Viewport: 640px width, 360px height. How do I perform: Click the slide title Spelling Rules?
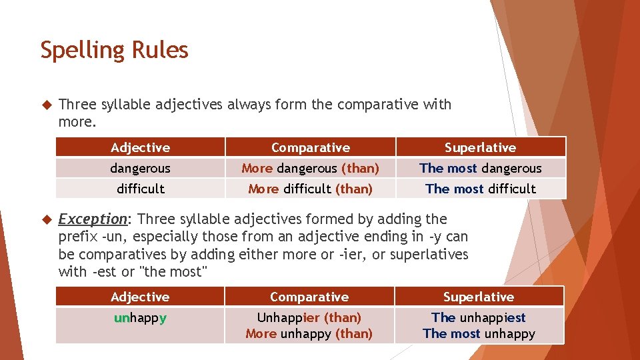(114, 50)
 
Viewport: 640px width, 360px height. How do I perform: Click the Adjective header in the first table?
(140, 147)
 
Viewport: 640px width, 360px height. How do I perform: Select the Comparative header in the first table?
(310, 147)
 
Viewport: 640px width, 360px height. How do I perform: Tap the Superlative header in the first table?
(480, 147)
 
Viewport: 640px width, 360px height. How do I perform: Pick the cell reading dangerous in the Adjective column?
(140, 168)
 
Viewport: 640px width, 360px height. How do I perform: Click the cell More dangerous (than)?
(310, 168)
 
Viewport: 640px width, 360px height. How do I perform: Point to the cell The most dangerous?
(480, 168)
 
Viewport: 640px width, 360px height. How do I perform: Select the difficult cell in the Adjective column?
(140, 189)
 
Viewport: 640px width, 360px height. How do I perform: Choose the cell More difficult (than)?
(310, 189)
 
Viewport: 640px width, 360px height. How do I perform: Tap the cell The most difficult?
(480, 189)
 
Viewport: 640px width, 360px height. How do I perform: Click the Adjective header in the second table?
(140, 297)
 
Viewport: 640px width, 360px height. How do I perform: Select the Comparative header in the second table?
(309, 297)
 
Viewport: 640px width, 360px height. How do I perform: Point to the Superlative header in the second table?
(479, 297)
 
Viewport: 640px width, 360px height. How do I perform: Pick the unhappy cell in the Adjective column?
(140, 318)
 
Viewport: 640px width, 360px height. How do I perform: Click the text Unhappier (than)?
(309, 317)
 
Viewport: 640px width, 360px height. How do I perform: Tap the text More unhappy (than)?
(309, 333)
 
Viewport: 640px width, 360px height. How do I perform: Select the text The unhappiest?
(479, 317)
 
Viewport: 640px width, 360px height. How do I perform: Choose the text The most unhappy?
(479, 333)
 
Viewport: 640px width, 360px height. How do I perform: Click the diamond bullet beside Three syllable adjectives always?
(46, 105)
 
